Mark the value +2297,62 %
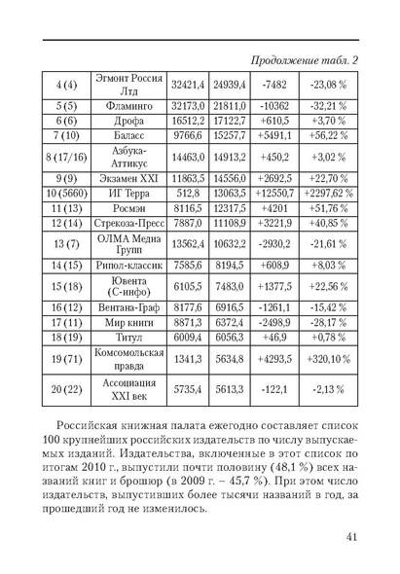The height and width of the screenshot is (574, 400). point(326,194)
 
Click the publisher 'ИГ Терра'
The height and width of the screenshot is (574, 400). point(129,194)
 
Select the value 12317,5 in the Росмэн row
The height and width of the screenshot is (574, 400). point(233,208)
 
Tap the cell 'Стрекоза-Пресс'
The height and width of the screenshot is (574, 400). point(129,223)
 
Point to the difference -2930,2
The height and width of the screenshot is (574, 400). point(275,243)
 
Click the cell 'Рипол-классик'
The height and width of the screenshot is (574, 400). point(129,264)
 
